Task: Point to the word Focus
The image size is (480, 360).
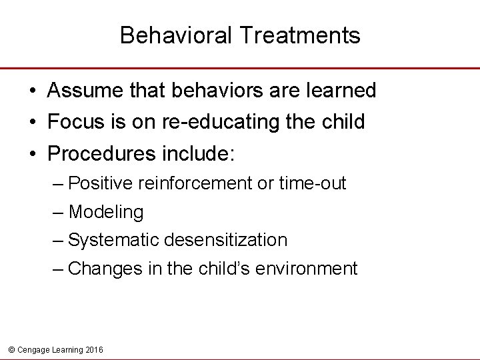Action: click(70, 122)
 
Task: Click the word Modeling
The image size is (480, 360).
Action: click(106, 212)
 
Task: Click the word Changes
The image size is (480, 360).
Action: click(101, 269)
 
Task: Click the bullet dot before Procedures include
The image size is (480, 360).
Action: click(33, 155)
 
